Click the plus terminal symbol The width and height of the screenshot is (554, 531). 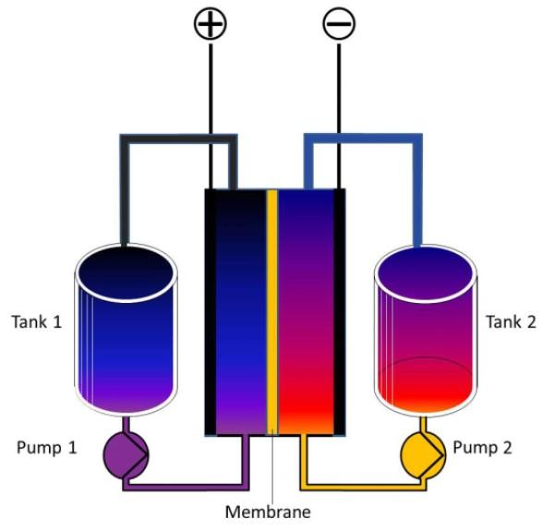(211, 23)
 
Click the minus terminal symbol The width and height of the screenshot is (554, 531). (338, 23)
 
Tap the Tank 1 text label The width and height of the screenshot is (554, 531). (36, 322)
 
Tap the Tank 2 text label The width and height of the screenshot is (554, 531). (511, 321)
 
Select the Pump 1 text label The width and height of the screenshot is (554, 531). (47, 449)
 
